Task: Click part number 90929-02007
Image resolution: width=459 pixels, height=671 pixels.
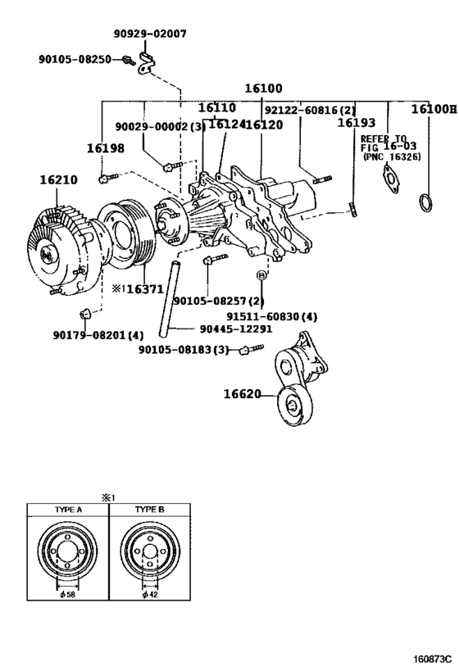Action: coord(150,34)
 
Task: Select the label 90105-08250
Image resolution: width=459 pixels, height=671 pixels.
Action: coord(75,59)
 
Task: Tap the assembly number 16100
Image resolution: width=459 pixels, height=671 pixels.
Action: coord(263,88)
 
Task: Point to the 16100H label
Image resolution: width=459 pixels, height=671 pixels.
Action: coord(434,109)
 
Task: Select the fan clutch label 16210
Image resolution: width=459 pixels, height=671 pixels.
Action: coord(59,179)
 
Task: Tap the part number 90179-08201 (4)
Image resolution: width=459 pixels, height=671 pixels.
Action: coord(98,334)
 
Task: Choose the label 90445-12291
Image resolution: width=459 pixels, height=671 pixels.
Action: coord(236,329)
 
